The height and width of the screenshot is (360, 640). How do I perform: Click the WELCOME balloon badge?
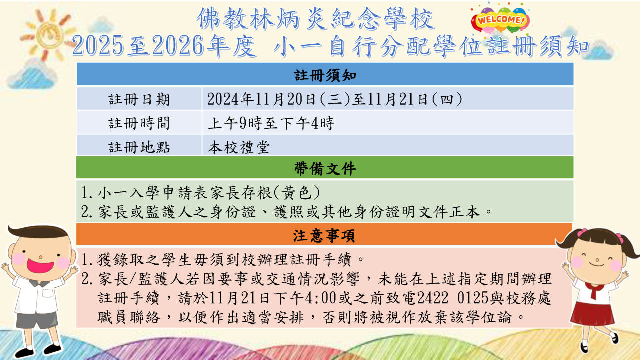tap(500, 19)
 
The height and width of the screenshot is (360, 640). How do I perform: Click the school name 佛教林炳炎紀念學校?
tap(315, 19)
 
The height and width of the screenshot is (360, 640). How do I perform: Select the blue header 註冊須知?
tap(325, 75)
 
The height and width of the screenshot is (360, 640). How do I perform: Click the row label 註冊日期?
tap(139, 99)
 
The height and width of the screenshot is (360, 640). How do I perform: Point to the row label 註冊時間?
tap(139, 123)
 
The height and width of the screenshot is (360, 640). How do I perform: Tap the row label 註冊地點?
tap(139, 147)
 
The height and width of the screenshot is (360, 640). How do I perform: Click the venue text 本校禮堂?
tap(239, 147)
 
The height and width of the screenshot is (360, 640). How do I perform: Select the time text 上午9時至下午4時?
tap(271, 123)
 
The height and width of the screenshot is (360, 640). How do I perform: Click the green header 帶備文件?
tap(325, 169)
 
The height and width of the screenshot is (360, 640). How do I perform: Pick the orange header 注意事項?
tap(324, 236)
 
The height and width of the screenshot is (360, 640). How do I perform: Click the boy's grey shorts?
tap(36, 319)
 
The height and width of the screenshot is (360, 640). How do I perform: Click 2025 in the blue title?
tap(98, 45)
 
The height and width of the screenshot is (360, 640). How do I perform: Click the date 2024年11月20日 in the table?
tap(261, 99)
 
